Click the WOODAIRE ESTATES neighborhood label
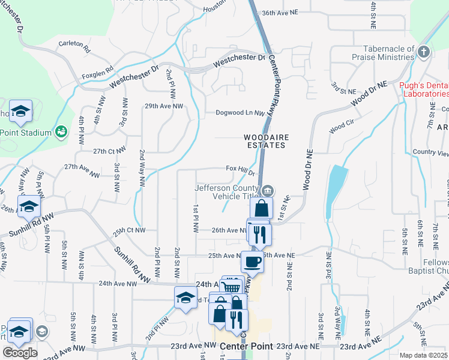click(267, 141)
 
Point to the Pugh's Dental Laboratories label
click(424, 89)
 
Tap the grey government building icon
click(268, 191)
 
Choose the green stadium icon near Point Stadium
click(61, 131)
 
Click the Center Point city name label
click(246, 347)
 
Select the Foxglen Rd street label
click(97, 70)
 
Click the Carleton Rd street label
click(74, 44)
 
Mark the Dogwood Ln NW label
click(240, 112)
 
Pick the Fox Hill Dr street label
click(241, 170)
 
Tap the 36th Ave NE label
click(280, 12)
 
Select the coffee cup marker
click(252, 262)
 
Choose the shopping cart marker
click(232, 287)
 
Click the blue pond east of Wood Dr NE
click(336, 186)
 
